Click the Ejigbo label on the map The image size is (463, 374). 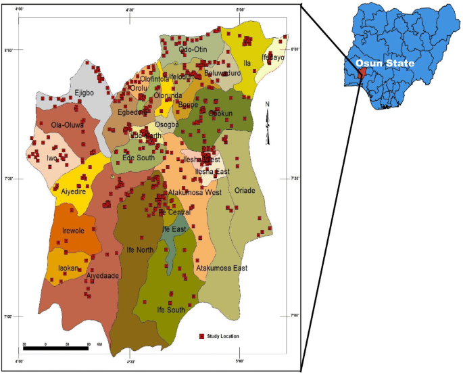click(x=84, y=93)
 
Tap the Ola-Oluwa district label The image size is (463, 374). click(x=67, y=125)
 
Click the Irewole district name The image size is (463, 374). click(x=72, y=231)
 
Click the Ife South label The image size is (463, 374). click(x=170, y=310)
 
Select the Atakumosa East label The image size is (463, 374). click(x=222, y=268)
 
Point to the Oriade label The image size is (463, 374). click(x=245, y=191)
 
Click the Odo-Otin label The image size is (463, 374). click(x=193, y=49)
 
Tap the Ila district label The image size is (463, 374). click(x=247, y=63)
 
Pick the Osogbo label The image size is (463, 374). click(x=166, y=124)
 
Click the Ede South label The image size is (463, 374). click(x=139, y=158)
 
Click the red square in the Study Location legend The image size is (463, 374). click(x=201, y=336)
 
